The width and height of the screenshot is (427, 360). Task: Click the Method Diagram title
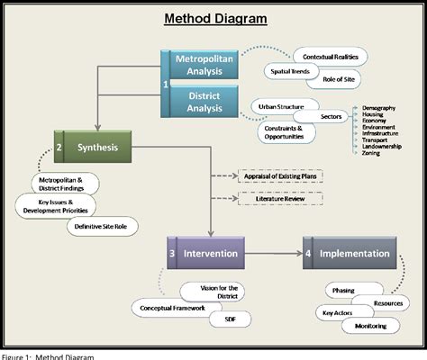(x=214, y=19)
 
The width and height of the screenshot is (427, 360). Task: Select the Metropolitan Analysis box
(x=204, y=65)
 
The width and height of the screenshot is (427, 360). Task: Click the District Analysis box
(x=204, y=101)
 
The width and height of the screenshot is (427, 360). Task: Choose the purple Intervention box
(x=205, y=254)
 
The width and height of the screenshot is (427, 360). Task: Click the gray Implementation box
(x=350, y=254)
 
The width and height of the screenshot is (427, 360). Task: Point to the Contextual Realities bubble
(x=332, y=57)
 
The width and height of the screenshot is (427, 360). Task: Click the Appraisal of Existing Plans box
(x=280, y=177)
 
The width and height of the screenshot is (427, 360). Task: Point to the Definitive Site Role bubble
(x=103, y=226)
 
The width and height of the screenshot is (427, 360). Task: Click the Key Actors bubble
(x=335, y=312)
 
